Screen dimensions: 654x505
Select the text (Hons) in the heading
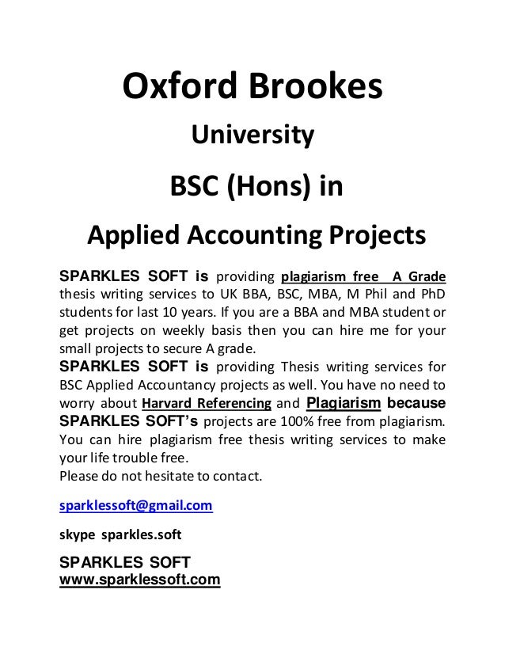[x=267, y=188]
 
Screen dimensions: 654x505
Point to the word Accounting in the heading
[x=246, y=236]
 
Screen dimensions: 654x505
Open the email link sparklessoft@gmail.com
[x=135, y=504]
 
